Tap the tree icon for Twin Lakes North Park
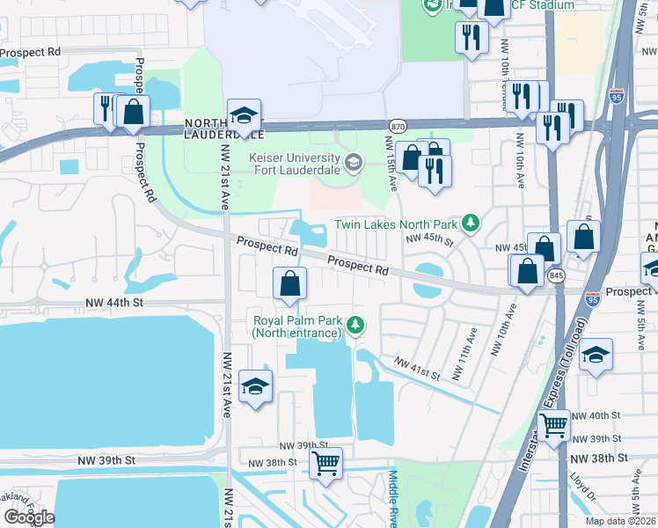[x=472, y=224]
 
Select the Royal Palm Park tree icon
[x=355, y=326]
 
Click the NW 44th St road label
[x=114, y=302]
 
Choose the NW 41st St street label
[x=416, y=368]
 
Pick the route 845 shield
[x=556, y=276]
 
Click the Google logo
[x=29, y=517]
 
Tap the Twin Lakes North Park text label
[x=397, y=224]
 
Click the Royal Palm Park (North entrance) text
[x=296, y=326]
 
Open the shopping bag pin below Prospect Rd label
[x=289, y=283]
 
